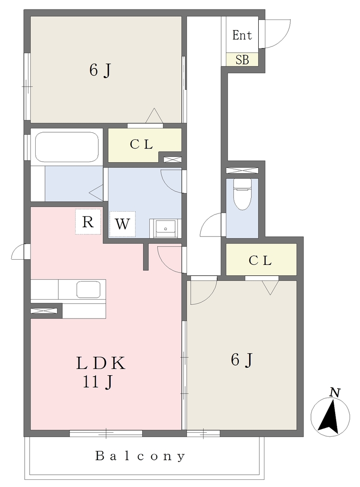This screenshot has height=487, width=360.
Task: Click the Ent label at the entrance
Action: (x=242, y=35)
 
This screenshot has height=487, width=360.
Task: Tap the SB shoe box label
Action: (x=242, y=59)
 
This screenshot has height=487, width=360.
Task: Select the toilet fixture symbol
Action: (x=242, y=194)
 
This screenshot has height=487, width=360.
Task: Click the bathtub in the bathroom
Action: (x=67, y=147)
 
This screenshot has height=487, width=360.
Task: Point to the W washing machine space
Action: (x=122, y=224)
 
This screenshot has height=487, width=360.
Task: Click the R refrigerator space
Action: (x=88, y=222)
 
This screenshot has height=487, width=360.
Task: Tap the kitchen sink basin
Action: (x=88, y=290)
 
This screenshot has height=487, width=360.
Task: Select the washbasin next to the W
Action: (x=165, y=228)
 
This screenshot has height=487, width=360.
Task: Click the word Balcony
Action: (x=140, y=456)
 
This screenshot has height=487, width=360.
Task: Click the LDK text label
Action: (x=101, y=363)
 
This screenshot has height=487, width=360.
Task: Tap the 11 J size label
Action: (x=97, y=382)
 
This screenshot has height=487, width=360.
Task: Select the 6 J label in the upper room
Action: (x=100, y=70)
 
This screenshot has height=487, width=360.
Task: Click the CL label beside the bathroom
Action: (x=141, y=145)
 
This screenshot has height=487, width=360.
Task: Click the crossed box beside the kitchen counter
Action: (x=44, y=311)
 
